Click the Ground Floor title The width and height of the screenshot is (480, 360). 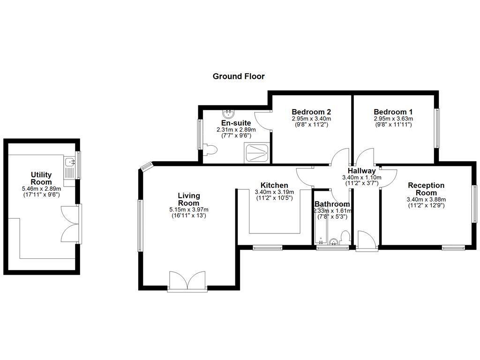(239, 76)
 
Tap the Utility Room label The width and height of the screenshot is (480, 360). (41, 178)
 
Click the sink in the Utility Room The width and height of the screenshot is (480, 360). (71, 163)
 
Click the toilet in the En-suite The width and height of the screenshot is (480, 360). (211, 150)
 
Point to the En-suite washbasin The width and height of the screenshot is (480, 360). (228, 113)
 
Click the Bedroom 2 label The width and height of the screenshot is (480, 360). (311, 112)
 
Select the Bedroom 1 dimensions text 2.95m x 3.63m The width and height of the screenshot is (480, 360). (393, 119)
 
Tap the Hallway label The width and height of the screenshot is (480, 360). (361, 171)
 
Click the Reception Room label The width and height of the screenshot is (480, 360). (426, 189)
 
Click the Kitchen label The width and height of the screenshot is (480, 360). (274, 186)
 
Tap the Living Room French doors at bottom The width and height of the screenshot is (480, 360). (187, 281)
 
